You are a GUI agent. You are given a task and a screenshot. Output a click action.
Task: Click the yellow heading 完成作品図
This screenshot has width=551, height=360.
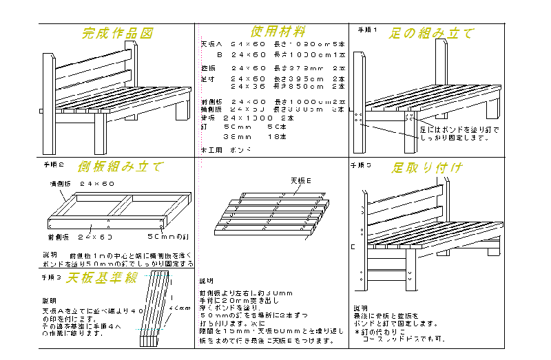116,33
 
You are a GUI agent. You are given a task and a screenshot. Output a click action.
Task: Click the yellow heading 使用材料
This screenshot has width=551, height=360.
278,32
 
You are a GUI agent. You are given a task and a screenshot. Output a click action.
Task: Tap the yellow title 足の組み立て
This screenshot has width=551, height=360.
431,33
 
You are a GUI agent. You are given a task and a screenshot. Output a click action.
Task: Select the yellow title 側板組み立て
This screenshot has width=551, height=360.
120,167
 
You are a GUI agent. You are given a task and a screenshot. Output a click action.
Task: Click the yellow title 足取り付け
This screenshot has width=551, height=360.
427,168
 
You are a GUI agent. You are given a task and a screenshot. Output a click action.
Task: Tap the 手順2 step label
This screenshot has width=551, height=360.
53,165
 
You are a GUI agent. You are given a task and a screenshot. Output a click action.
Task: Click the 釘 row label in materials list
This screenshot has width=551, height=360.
204,127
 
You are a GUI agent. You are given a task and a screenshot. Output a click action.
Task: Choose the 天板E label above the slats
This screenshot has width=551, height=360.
301,180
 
